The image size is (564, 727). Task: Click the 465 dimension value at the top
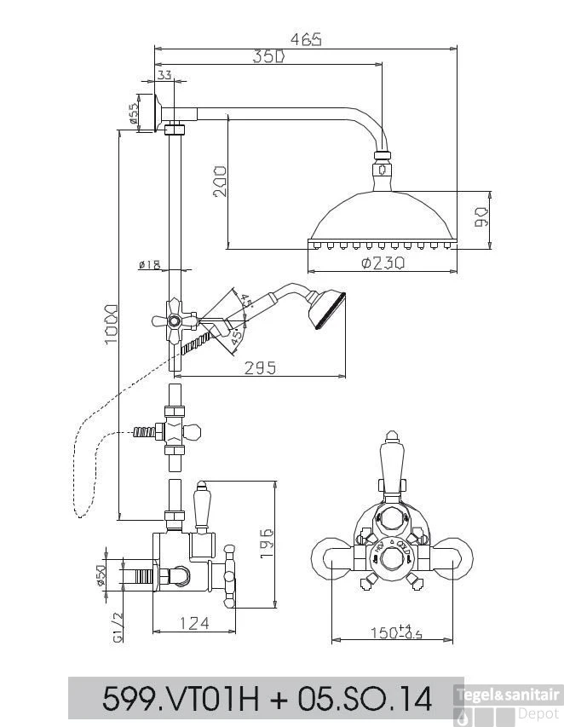coord(306,39)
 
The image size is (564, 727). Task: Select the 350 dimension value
coord(268,57)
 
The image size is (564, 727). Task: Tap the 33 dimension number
coord(164,76)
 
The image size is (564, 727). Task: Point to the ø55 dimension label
coord(135,113)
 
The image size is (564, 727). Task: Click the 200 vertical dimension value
coord(219,181)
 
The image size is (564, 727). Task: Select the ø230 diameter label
coord(382,263)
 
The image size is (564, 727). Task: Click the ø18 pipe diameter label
coord(149,265)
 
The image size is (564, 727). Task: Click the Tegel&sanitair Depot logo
coord(508,702)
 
